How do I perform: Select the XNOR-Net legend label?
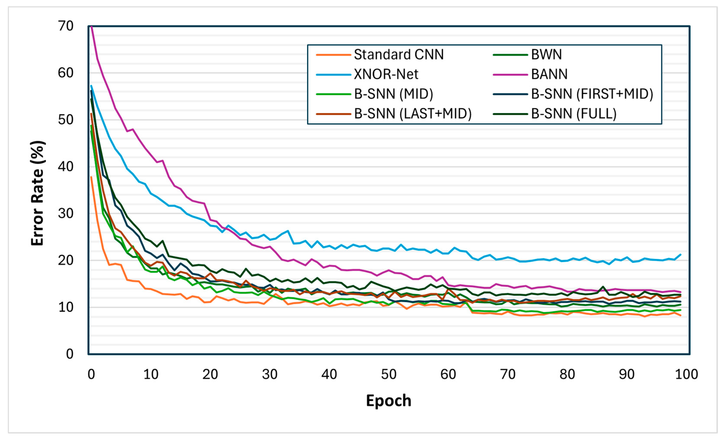pos(386,74)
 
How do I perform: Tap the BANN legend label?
pos(549,74)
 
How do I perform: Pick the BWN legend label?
pos(546,55)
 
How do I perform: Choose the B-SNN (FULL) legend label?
pos(573,114)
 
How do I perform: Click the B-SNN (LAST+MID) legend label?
pos(413,114)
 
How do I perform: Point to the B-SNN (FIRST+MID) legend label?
pos(592,94)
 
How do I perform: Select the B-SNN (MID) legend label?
pos(393,94)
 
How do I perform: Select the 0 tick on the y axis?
pos(70,354)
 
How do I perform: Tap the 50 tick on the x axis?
pos(388,375)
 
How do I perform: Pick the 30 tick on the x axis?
pos(269,375)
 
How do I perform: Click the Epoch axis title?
pos(388,401)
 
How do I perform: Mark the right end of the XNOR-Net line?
pos(681,255)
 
